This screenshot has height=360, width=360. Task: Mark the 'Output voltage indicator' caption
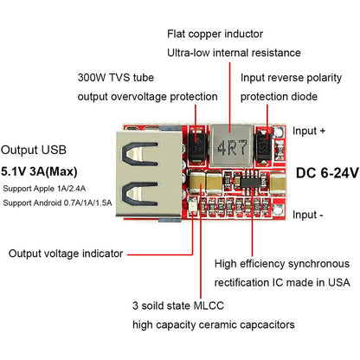click(66, 254)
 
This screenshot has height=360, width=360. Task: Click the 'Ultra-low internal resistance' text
click(234, 54)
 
